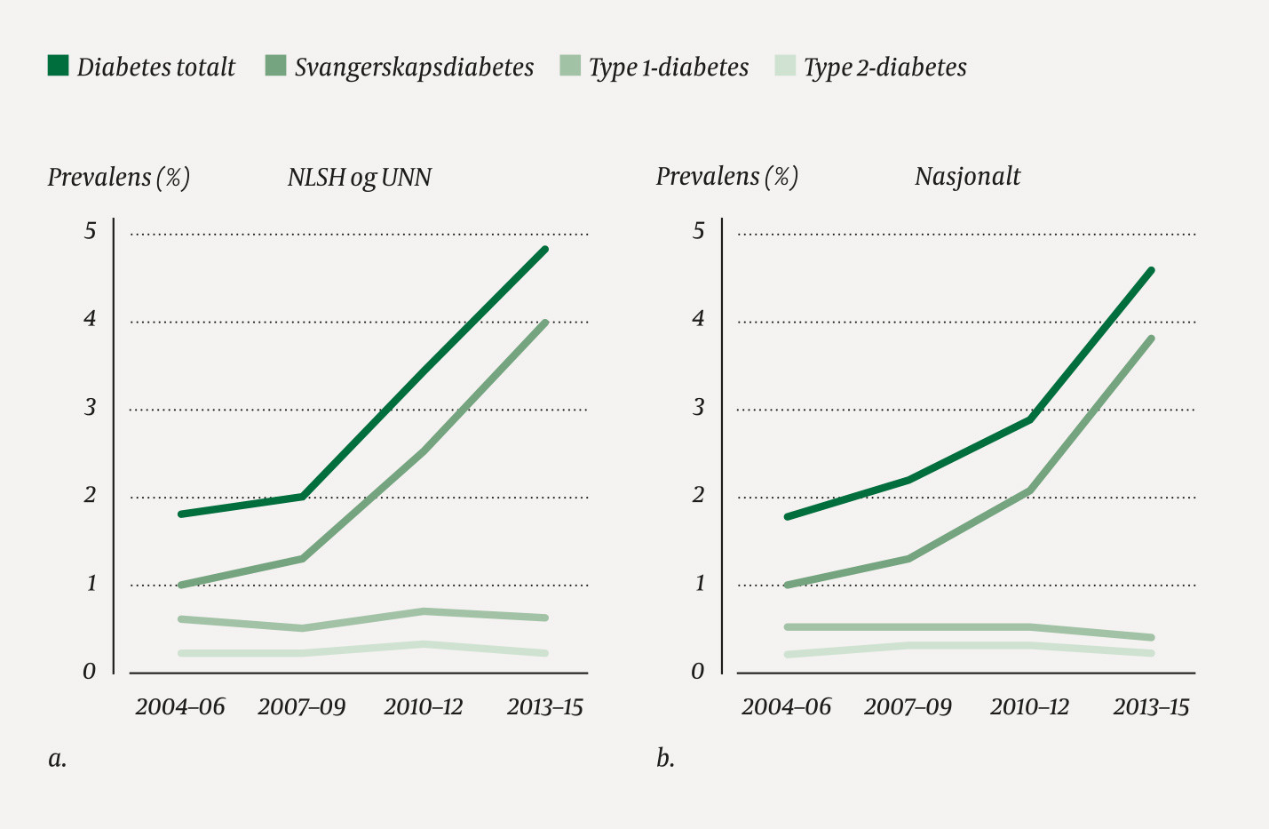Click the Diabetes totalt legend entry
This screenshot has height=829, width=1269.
click(x=142, y=67)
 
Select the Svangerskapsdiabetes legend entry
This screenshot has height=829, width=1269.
click(x=400, y=67)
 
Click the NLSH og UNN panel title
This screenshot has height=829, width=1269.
click(x=359, y=177)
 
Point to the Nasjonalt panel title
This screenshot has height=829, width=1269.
click(x=967, y=176)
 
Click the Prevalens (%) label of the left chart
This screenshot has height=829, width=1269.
click(x=118, y=177)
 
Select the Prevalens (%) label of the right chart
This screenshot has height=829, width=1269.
click(x=726, y=176)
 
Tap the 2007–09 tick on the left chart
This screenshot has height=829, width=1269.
click(x=301, y=707)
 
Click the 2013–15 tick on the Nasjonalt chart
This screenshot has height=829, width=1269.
click(x=1151, y=707)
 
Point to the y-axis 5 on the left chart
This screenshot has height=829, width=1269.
click(x=90, y=231)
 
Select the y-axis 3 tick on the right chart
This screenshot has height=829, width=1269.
click(x=698, y=407)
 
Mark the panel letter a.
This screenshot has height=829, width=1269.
click(x=57, y=759)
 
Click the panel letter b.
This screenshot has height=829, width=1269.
click(x=665, y=758)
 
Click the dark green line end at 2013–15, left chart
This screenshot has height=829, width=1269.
click(x=545, y=250)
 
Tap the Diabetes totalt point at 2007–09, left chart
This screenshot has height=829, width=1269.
click(x=303, y=497)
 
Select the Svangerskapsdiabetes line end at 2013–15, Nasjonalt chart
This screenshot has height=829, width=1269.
click(x=1151, y=339)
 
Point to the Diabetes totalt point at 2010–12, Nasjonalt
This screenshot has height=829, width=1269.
click(x=1030, y=418)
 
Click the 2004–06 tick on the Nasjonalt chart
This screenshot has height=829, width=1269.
click(x=786, y=707)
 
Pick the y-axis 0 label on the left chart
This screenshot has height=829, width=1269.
click(x=89, y=671)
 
